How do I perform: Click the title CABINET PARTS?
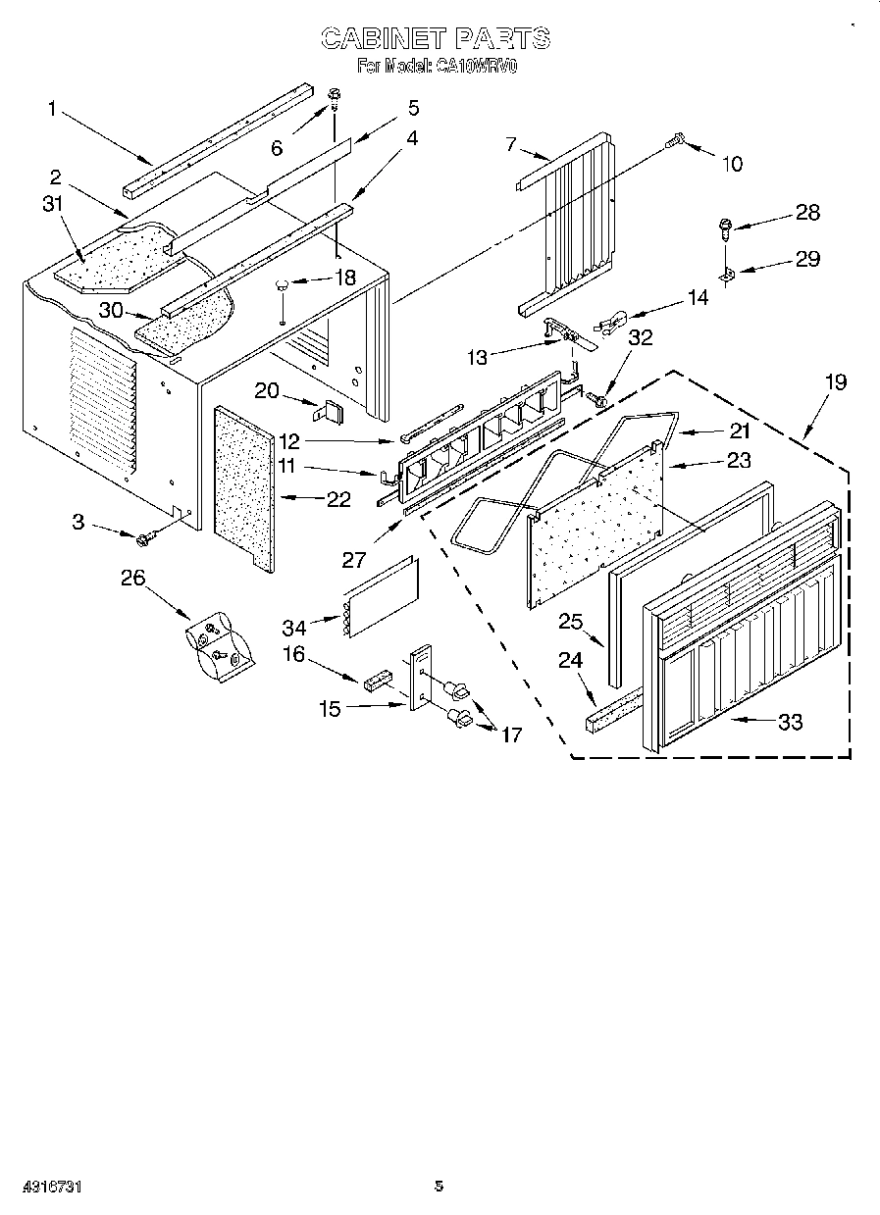click(436, 38)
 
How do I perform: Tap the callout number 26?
click(131, 578)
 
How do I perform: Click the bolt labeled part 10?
click(674, 143)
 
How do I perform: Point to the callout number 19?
click(835, 381)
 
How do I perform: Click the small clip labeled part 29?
click(727, 278)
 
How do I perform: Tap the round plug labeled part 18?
click(283, 285)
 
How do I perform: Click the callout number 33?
click(790, 722)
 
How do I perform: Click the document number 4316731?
click(40, 1187)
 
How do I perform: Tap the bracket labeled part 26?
click(218, 648)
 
